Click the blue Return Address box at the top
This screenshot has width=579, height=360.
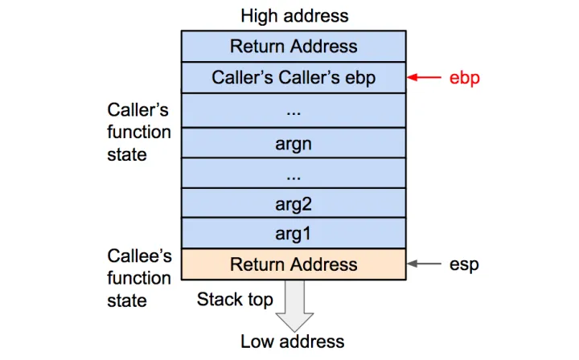click(294, 46)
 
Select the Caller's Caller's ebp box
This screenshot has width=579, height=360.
click(294, 78)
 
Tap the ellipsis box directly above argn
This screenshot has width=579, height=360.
click(294, 110)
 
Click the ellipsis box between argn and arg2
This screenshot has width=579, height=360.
click(294, 173)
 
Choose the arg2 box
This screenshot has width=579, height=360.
click(294, 203)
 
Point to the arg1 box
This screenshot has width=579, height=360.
click(294, 234)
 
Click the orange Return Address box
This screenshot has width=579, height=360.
click(294, 264)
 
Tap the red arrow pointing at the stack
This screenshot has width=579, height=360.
click(425, 78)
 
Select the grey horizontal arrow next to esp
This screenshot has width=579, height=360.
click(425, 264)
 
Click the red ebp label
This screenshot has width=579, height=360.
click(464, 79)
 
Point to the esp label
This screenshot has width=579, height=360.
click(464, 264)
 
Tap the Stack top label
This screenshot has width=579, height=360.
click(235, 300)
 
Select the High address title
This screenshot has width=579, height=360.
click(294, 15)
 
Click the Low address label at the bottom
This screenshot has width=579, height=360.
click(293, 342)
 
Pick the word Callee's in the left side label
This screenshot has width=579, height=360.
click(139, 256)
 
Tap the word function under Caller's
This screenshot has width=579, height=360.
click(139, 132)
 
